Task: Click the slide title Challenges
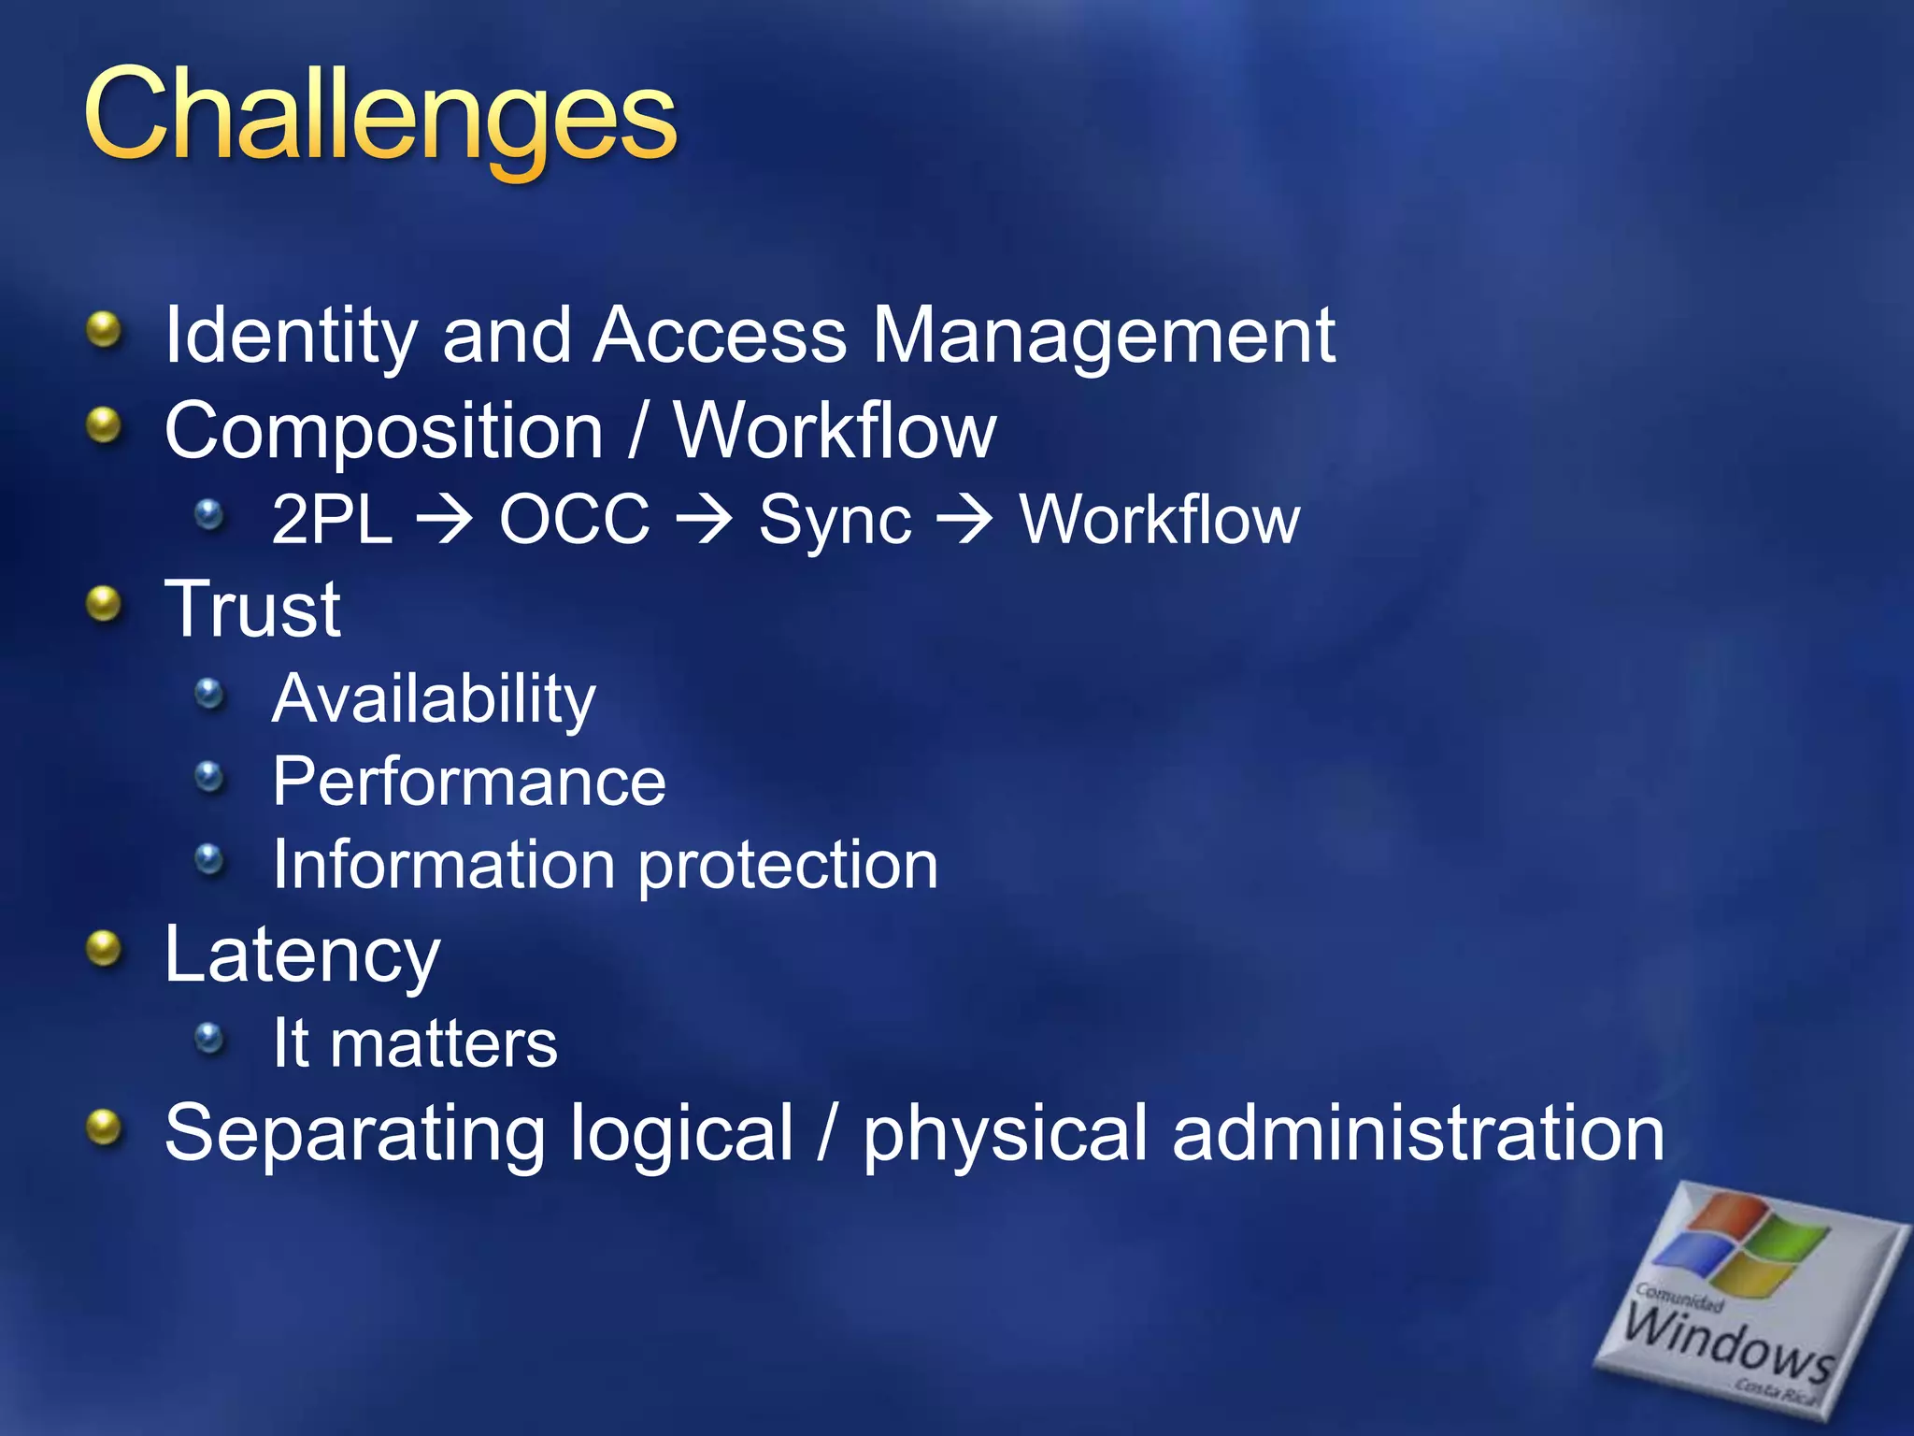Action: [x=379, y=117]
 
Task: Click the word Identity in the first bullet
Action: [x=290, y=337]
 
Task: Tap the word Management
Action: [x=1103, y=337]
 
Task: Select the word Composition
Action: [x=383, y=432]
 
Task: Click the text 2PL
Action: [x=332, y=520]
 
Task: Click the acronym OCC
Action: [x=574, y=520]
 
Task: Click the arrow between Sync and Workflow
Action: [x=964, y=520]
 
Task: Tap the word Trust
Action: [x=252, y=610]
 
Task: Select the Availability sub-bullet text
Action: [x=434, y=699]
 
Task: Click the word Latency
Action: [x=301, y=955]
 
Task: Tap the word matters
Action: [x=443, y=1043]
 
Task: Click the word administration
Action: [x=1417, y=1133]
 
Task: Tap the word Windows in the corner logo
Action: [x=1727, y=1343]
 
